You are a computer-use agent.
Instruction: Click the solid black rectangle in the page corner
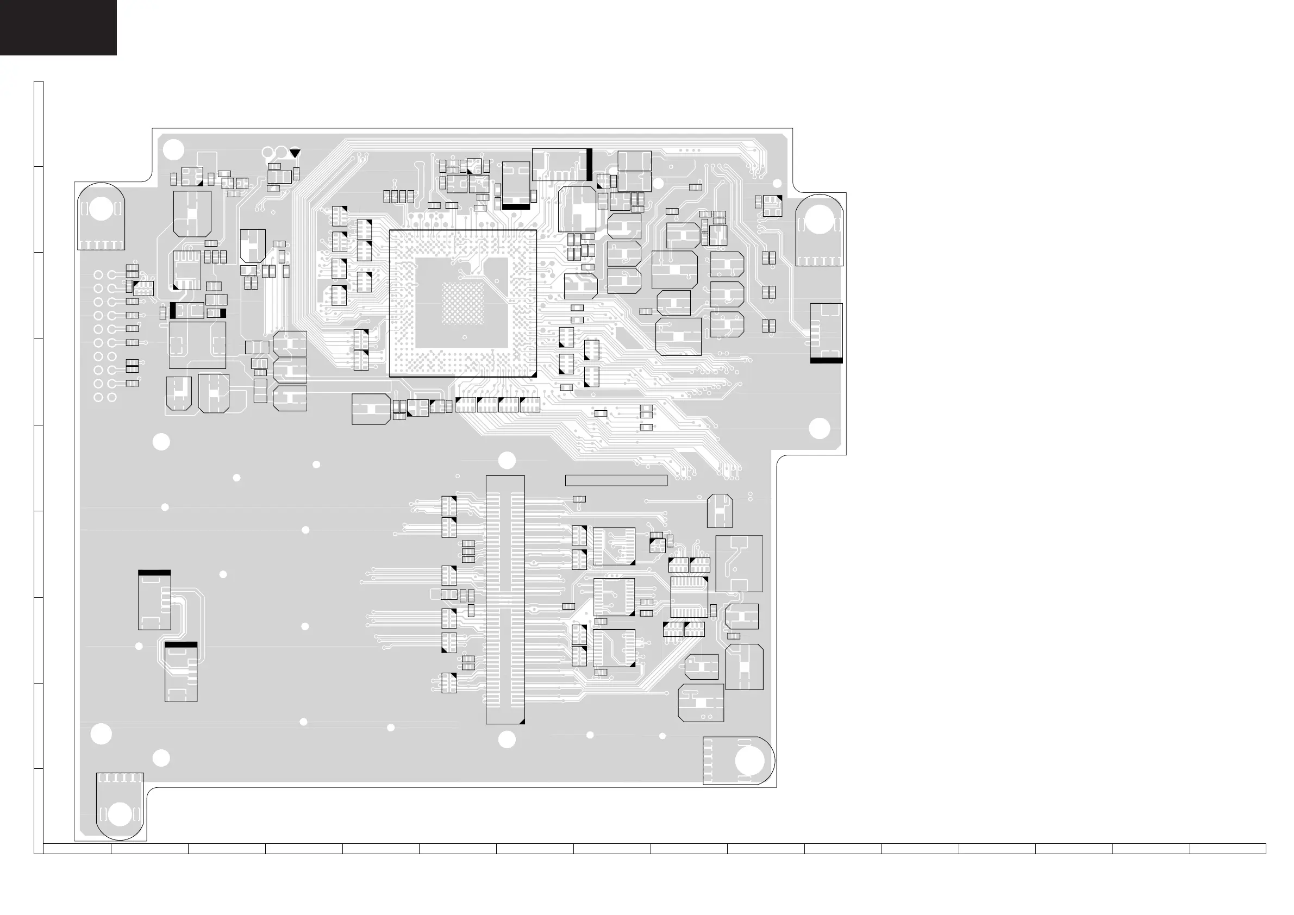58,27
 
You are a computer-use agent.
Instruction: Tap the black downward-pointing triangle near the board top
295,153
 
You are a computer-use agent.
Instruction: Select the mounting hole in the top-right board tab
819,220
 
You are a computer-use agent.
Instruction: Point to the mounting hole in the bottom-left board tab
120,814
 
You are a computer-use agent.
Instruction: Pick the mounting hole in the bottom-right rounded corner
749,761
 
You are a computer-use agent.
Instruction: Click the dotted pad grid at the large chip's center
462,303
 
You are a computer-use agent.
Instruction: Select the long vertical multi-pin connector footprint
505,599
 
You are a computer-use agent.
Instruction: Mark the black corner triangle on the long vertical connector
521,720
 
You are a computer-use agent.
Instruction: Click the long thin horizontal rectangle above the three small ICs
616,480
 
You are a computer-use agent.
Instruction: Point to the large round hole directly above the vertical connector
507,460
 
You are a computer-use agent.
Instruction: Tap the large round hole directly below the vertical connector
507,739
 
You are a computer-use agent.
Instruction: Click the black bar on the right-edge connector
826,360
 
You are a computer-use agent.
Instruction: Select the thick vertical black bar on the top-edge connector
589,165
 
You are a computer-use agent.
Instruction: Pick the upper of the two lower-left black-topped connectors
154,600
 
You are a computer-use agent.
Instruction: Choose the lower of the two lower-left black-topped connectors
181,672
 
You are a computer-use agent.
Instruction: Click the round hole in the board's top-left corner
173,149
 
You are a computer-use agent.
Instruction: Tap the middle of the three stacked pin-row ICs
614,597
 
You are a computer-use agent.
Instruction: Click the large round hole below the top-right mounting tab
819,429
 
